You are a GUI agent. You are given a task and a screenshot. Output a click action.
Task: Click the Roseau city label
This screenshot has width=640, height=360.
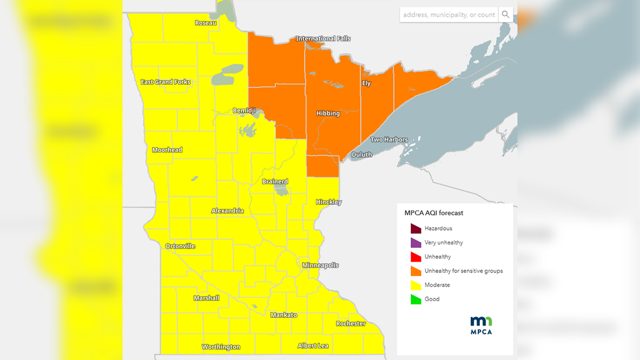205,23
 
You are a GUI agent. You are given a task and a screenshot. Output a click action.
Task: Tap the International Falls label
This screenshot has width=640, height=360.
323,38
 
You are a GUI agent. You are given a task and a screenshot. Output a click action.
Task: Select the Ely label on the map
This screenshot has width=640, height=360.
366,83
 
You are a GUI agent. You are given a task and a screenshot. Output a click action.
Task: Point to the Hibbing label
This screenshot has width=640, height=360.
328,114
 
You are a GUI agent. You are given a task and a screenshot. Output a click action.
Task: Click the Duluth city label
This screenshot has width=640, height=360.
362,155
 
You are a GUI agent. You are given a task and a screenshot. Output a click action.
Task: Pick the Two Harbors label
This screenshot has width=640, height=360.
389,139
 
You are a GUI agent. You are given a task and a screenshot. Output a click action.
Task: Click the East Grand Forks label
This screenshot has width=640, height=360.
165,82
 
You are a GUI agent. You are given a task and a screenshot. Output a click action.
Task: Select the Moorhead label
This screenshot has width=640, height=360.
167,150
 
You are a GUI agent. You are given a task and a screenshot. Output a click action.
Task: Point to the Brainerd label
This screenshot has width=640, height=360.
275,182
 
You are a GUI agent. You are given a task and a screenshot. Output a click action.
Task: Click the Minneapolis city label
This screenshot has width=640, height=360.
321,265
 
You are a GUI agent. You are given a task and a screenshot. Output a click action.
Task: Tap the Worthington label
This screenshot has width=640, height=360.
221,347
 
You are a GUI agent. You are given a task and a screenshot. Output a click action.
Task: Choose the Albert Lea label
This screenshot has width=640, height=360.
313,345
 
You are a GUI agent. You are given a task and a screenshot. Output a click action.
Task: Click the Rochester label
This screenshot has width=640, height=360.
351,324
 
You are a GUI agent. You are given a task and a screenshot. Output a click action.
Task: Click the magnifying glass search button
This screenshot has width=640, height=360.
506,15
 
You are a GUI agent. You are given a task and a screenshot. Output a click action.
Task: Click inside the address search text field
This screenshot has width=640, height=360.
449,15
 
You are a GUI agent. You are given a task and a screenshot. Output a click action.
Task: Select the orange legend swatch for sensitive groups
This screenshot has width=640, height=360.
416,271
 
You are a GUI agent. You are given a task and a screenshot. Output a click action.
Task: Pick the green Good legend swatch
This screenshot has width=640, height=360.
416,299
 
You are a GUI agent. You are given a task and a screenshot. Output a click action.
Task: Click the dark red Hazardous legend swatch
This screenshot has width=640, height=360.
416,228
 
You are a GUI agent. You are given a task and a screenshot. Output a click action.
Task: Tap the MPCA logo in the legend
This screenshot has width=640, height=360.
481,325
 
